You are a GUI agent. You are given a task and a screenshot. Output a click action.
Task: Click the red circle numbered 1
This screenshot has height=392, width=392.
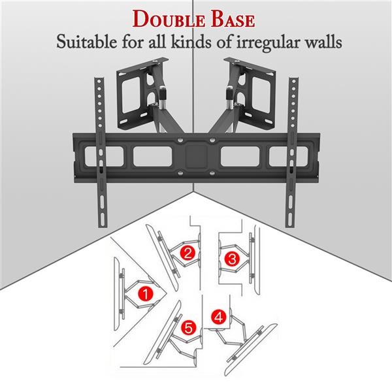148,294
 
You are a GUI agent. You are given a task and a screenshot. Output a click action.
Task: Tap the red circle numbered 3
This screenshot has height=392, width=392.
231,259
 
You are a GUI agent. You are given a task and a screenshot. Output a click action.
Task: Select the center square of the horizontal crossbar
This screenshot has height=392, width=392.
196,157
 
